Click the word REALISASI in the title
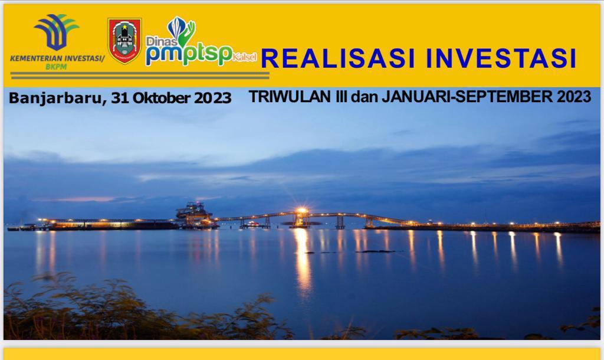(338, 58)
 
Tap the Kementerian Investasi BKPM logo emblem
(56, 32)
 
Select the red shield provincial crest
(124, 41)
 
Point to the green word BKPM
(56, 67)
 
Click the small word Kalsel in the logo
(245, 57)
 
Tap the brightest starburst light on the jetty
(301, 211)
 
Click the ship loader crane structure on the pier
(195, 214)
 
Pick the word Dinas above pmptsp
(162, 41)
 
